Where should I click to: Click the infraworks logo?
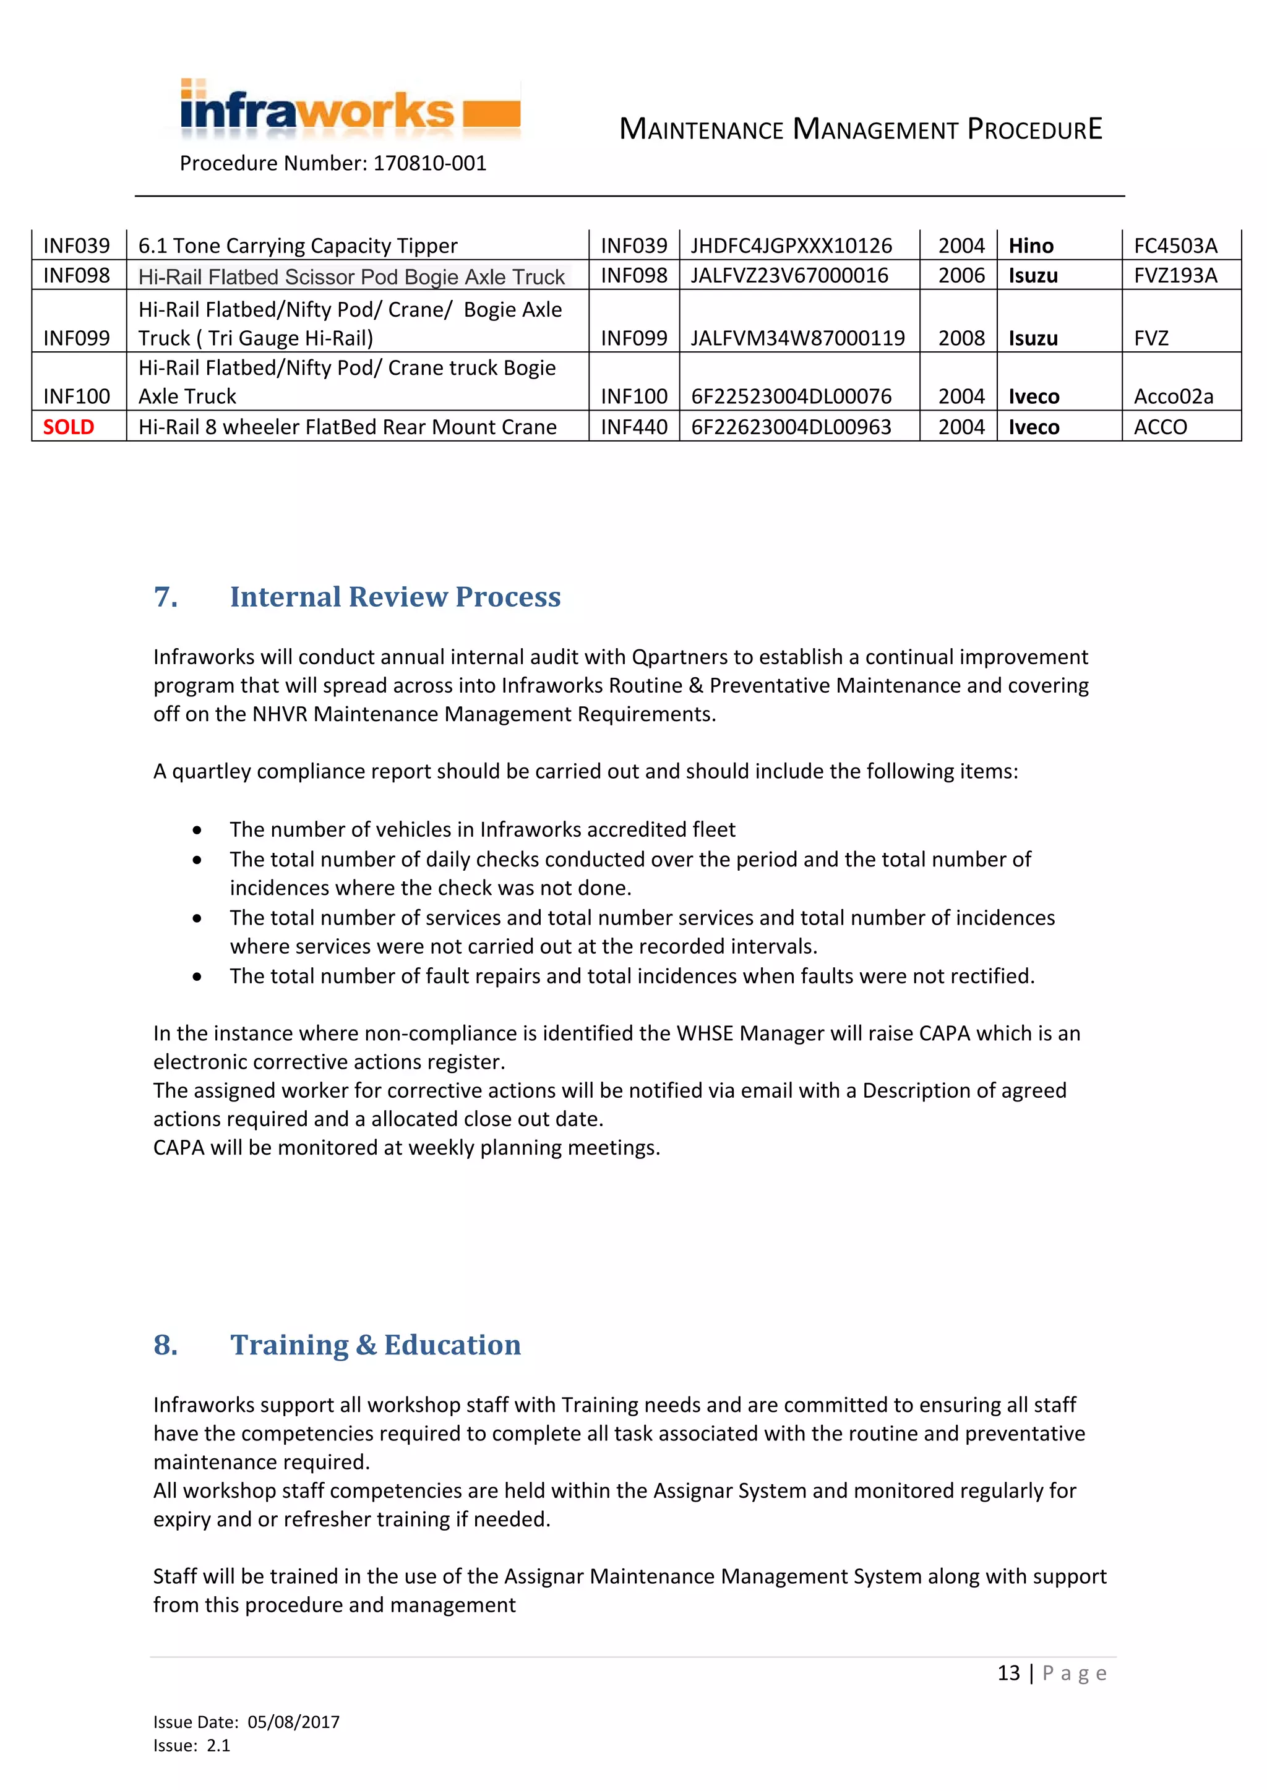[x=350, y=111]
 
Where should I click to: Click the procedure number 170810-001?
[x=429, y=164]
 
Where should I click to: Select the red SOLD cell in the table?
[x=69, y=427]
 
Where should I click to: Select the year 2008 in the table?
[x=961, y=338]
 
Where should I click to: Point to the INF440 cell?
[x=633, y=427]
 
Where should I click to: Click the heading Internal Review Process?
[x=395, y=597]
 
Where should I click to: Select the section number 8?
[x=165, y=1345]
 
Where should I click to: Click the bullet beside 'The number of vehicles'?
[x=197, y=830]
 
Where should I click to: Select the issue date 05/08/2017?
[x=293, y=1722]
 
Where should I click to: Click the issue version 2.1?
[x=218, y=1746]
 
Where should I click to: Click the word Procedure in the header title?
[x=1034, y=129]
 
